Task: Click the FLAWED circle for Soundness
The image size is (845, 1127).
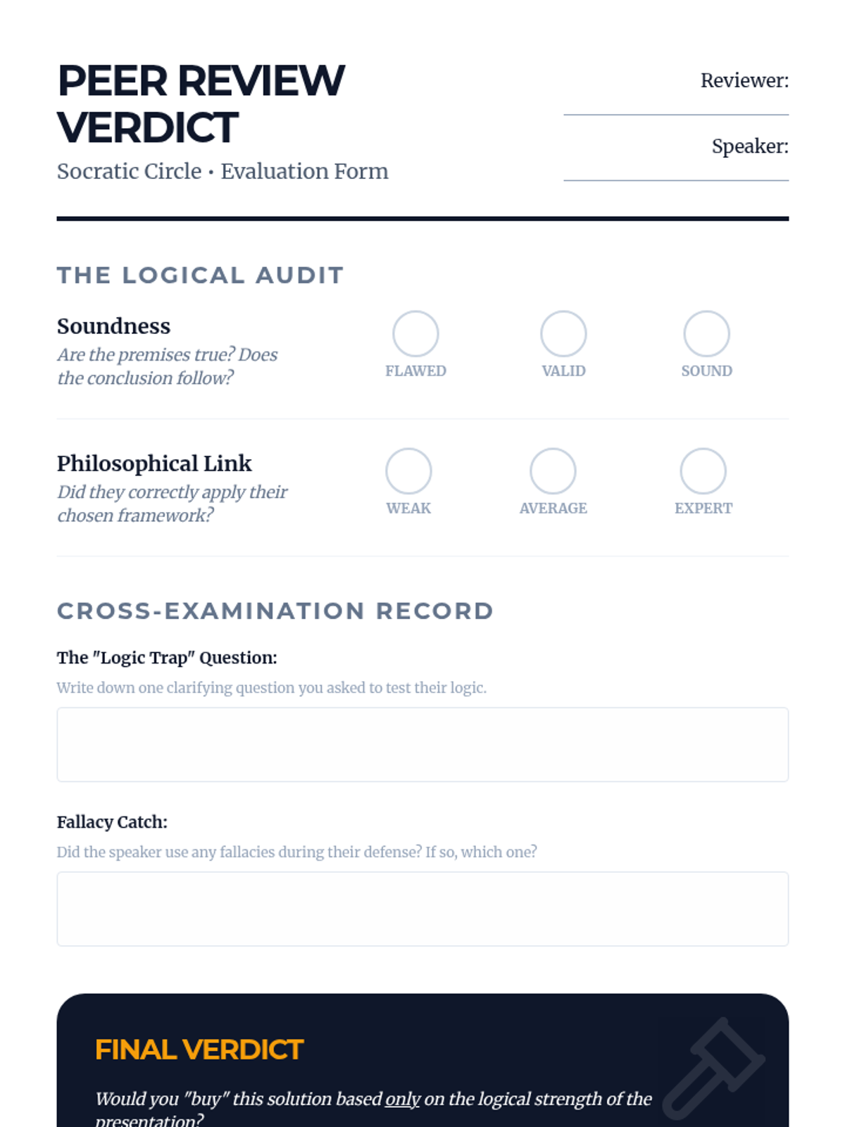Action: coord(415,334)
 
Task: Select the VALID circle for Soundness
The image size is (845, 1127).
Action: coord(563,334)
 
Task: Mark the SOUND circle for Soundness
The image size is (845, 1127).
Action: coord(706,334)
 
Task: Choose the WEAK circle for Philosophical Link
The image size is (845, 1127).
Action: coord(408,471)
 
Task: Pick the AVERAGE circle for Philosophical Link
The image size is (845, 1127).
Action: coord(553,471)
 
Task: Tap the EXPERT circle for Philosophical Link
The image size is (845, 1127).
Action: coord(703,471)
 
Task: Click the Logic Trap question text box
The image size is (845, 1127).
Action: coord(423,745)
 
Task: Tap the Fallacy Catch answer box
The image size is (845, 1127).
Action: coord(423,909)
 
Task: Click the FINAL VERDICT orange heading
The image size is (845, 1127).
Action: coord(199,1050)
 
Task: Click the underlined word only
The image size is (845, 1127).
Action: coord(402,1099)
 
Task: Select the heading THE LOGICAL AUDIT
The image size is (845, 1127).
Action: coord(200,275)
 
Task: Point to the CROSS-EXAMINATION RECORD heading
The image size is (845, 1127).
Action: coord(275,611)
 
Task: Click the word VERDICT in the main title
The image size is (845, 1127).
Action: coord(148,127)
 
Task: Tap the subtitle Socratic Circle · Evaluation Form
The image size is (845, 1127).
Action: coord(223,171)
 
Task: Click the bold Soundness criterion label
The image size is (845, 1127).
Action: coord(113,326)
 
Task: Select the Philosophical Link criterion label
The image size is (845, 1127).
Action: coord(154,463)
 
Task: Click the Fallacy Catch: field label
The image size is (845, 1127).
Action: coord(112,822)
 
